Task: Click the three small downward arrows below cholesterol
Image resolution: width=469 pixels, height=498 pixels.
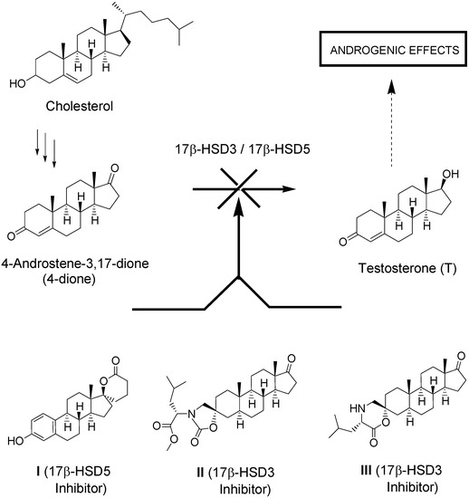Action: [47, 148]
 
